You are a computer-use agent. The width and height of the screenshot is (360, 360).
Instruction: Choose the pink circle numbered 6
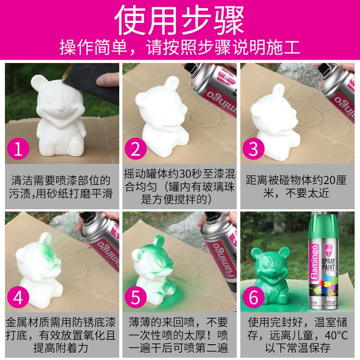point(254,298)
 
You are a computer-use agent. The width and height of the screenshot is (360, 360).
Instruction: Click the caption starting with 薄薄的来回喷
point(180,336)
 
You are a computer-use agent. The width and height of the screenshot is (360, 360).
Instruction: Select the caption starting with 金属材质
point(61,336)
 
